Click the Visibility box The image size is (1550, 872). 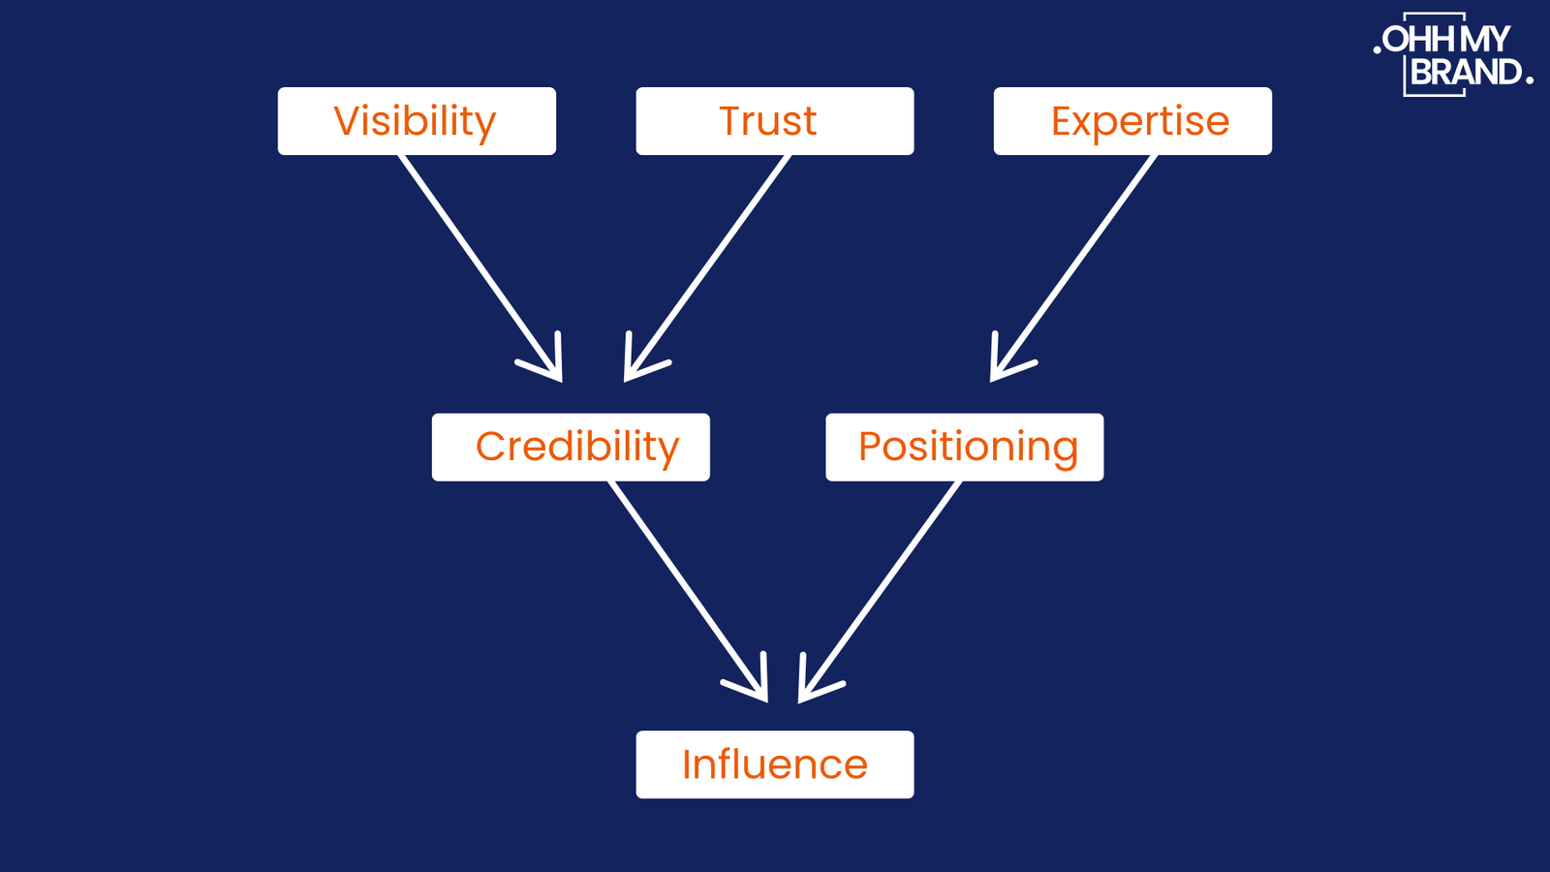click(417, 121)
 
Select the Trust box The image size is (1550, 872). click(774, 121)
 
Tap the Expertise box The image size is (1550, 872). click(1132, 121)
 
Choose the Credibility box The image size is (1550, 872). click(571, 447)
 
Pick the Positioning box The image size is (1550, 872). click(964, 447)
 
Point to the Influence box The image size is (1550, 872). click(774, 764)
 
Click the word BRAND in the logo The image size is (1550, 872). click(1465, 73)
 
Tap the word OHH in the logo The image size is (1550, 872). click(1418, 40)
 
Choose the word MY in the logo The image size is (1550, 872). click(1484, 40)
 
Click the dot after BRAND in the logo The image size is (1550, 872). click(1529, 81)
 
